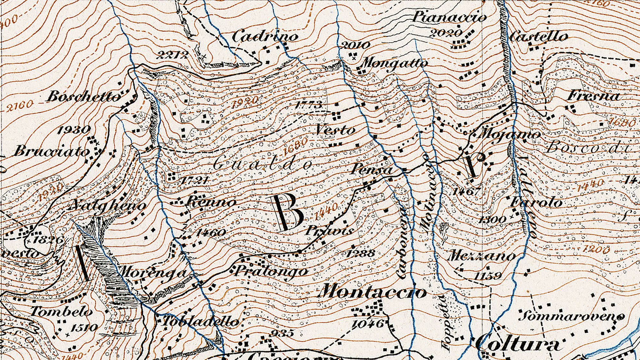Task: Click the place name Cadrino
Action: click(265, 36)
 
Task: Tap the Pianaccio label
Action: click(449, 17)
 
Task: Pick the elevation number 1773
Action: click(308, 105)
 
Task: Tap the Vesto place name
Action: click(335, 130)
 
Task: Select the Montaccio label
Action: click(373, 292)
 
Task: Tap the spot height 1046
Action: click(368, 324)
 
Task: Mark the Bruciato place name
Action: click(51, 151)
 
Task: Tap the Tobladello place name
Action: click(201, 322)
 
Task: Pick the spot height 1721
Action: click(194, 180)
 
